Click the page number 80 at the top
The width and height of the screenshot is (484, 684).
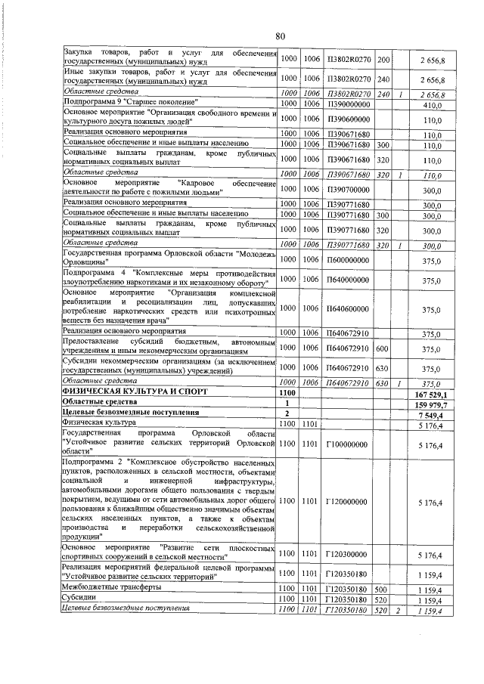tap(279, 36)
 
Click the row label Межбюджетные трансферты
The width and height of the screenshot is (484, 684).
tap(110, 587)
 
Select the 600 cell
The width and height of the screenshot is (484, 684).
tap(382, 348)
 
